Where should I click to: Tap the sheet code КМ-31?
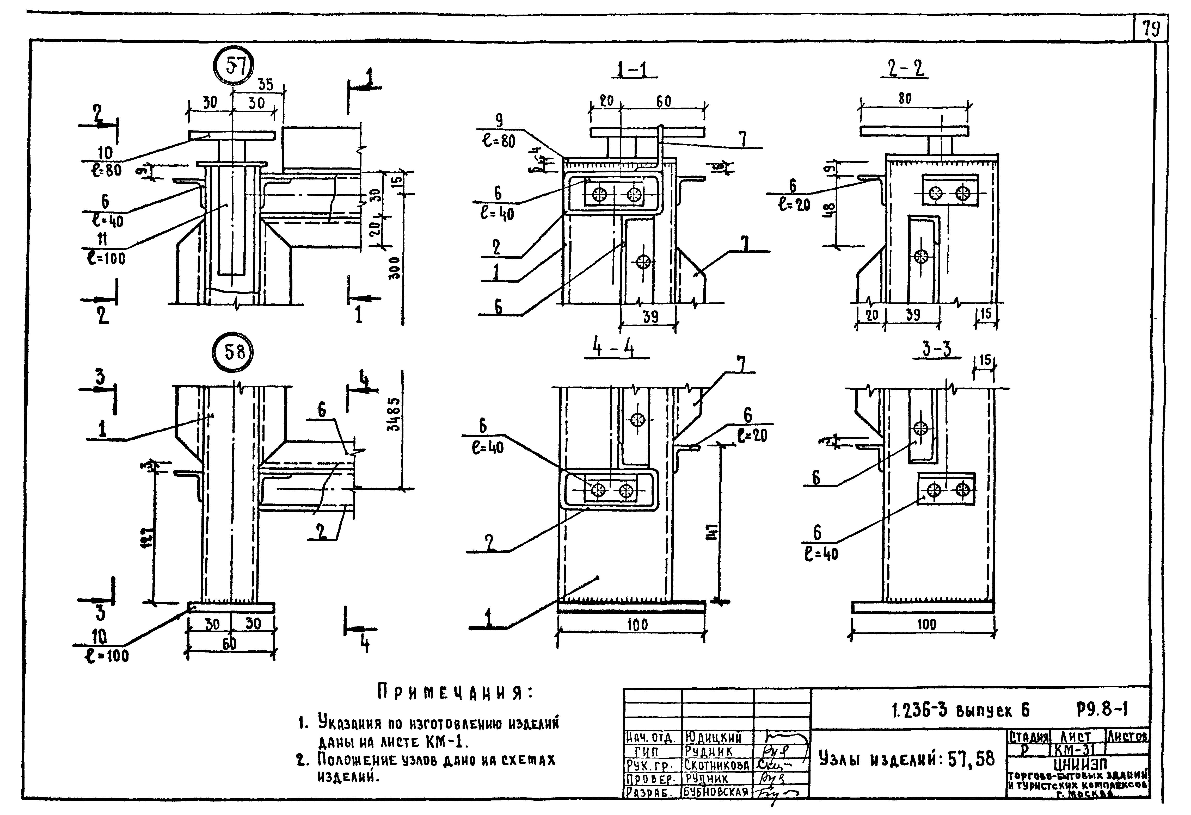click(1077, 750)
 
